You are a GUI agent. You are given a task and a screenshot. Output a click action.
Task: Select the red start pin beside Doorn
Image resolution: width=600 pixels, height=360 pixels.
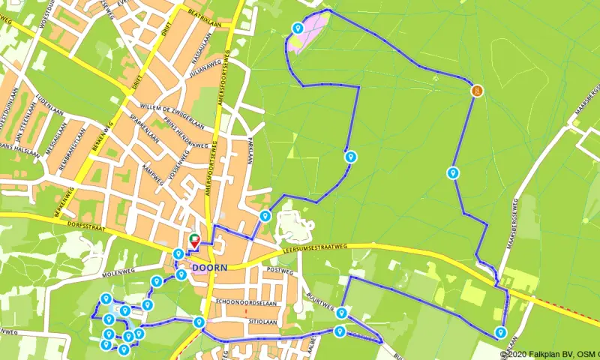coord(193,241)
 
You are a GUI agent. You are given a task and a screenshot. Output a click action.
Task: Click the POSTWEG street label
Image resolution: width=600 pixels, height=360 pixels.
coord(278,270)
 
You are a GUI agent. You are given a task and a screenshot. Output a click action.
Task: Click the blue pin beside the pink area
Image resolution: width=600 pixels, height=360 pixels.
coord(298,29)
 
